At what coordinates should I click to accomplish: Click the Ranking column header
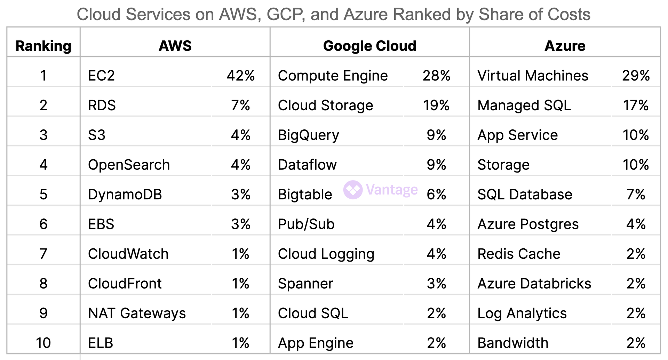pyautogui.click(x=43, y=46)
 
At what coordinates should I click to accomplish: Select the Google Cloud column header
pyautogui.click(x=369, y=46)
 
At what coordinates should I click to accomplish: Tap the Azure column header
pyautogui.click(x=565, y=46)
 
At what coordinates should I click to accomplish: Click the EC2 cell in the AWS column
pyautogui.click(x=101, y=75)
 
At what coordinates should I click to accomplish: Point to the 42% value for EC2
pyautogui.click(x=240, y=75)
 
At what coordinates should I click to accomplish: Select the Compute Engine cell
pyautogui.click(x=333, y=75)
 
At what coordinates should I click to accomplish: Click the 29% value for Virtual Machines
pyautogui.click(x=636, y=75)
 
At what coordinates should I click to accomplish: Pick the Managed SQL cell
pyautogui.click(x=524, y=105)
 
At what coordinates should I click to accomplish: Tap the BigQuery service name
pyautogui.click(x=308, y=135)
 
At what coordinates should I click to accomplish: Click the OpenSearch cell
pyautogui.click(x=129, y=165)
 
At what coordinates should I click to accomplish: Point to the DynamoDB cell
pyautogui.click(x=125, y=194)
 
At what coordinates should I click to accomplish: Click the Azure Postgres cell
pyautogui.click(x=528, y=224)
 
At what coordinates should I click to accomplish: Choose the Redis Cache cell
pyautogui.click(x=519, y=254)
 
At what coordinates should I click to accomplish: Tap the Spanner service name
pyautogui.click(x=305, y=283)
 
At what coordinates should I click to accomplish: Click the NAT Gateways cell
pyautogui.click(x=137, y=313)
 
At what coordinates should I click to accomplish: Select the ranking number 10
pyautogui.click(x=43, y=343)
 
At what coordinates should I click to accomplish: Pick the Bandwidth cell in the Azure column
pyautogui.click(x=513, y=343)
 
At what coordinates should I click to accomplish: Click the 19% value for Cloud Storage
pyautogui.click(x=436, y=105)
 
